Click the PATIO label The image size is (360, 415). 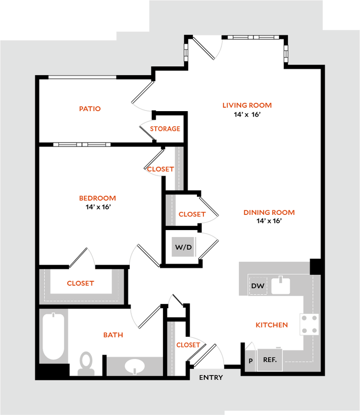(90, 109)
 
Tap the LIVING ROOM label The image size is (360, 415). (247, 106)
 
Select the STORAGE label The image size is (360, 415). (165, 129)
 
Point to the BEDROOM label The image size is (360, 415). (97, 199)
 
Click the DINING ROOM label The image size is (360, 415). (269, 213)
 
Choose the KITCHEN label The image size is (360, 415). (271, 325)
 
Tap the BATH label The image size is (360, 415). (113, 335)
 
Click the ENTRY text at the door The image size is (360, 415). (211, 378)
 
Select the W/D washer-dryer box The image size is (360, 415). (184, 247)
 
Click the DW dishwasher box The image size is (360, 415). (258, 286)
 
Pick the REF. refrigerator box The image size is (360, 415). (270, 360)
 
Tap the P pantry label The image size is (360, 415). (250, 361)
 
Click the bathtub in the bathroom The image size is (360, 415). (54, 336)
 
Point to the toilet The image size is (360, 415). (86, 363)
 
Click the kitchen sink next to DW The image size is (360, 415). (281, 286)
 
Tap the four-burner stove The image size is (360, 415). (309, 325)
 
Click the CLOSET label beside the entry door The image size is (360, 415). (188, 345)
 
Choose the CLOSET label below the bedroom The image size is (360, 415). (80, 284)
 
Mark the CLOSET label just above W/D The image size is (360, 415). (191, 214)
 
